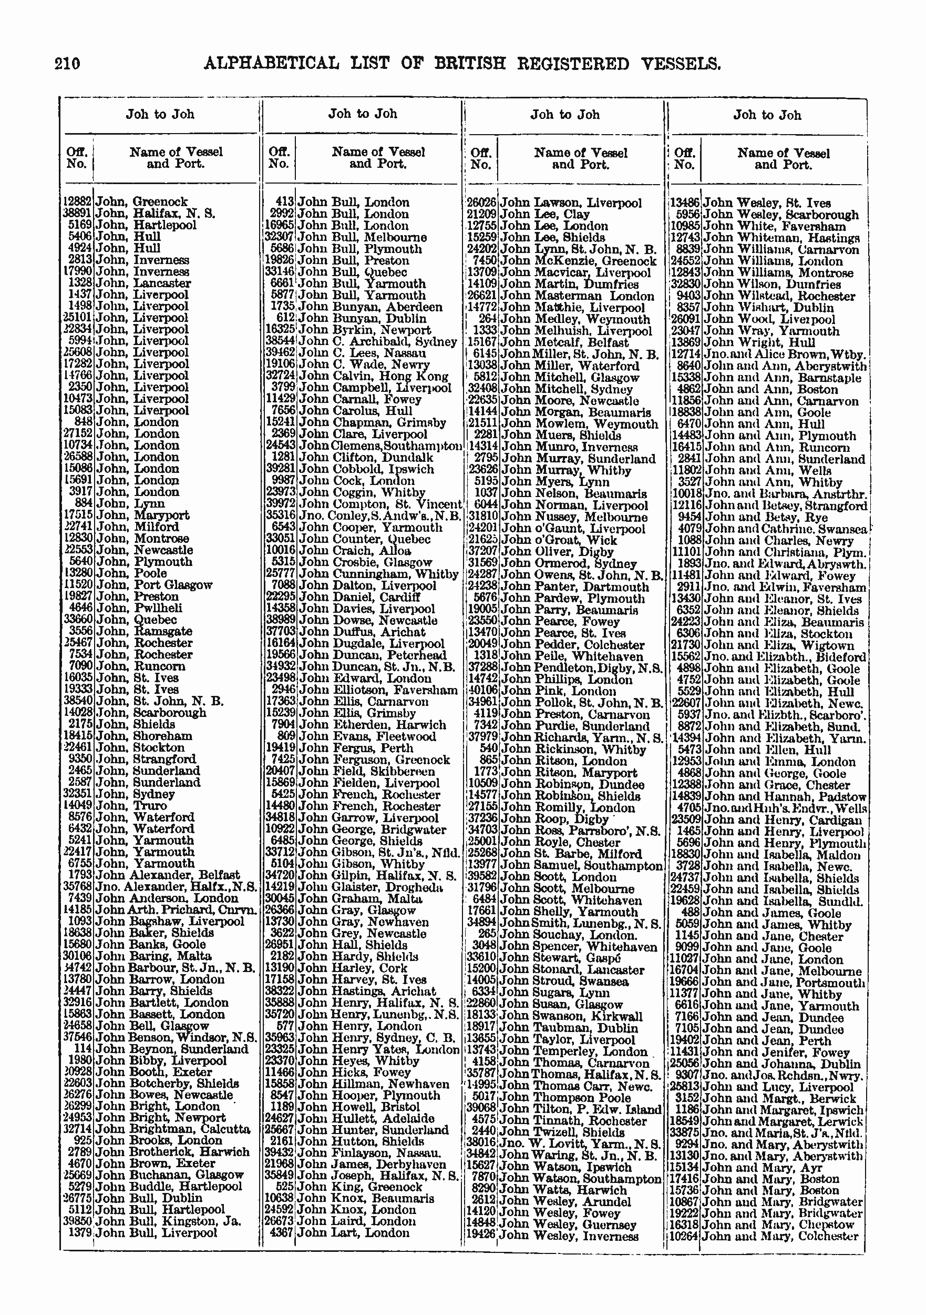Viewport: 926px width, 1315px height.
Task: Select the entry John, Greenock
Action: tap(141, 201)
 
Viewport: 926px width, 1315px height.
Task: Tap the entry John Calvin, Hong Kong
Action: tap(374, 376)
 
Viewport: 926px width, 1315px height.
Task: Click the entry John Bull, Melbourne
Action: tap(362, 237)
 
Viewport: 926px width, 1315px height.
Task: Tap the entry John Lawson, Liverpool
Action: tap(571, 203)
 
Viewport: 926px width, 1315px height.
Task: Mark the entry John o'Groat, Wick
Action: tap(559, 540)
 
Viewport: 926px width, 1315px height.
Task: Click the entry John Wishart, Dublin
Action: tap(769, 308)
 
